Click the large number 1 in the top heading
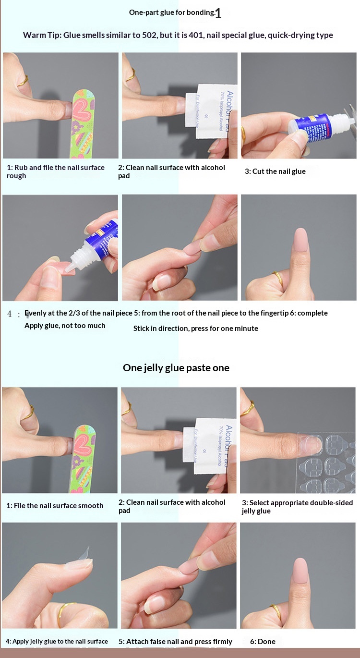click(218, 13)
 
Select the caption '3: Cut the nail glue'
click(275, 171)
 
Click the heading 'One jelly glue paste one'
click(176, 368)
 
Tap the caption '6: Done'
click(263, 641)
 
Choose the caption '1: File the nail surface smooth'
click(55, 505)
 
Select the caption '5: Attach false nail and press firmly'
click(175, 641)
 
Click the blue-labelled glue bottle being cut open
click(314, 128)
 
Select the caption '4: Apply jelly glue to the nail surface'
click(57, 641)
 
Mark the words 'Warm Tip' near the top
click(41, 35)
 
